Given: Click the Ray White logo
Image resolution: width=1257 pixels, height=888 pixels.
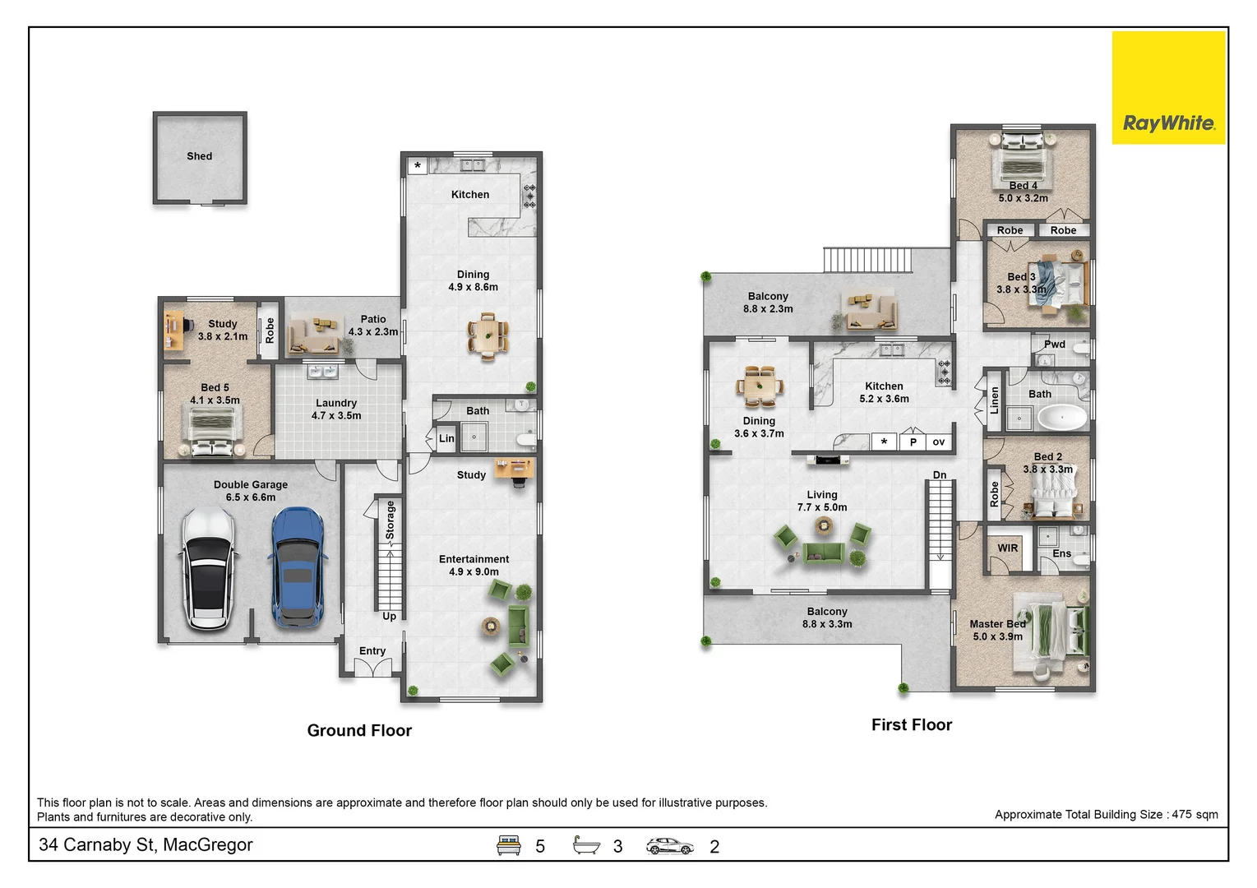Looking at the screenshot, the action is point(1168,87).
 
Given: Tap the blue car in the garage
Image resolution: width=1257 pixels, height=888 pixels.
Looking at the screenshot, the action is point(298,567).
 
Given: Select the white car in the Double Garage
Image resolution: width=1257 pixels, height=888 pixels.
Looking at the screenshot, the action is point(208,569).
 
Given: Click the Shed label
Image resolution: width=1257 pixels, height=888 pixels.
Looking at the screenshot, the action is point(199,156).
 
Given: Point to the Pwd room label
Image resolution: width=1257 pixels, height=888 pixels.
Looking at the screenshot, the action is point(1055,344).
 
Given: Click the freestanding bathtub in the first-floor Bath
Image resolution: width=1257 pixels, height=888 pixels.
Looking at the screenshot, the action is point(1061,419).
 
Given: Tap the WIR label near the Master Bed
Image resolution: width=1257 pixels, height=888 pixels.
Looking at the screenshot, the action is point(1007,548).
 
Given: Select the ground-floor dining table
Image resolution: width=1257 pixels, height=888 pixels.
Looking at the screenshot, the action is point(488,336).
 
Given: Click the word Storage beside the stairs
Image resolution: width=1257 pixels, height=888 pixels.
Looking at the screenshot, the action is point(390,520).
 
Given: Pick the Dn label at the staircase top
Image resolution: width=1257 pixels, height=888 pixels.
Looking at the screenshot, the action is point(940,475).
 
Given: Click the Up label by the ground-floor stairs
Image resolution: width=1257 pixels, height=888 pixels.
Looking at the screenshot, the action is point(389,616).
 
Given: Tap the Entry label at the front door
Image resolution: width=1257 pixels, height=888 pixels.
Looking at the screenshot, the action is point(372,650).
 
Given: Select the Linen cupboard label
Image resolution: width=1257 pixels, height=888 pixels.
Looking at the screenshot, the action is point(994,400).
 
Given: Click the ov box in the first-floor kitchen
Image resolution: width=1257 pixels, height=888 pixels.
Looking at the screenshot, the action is point(938,442).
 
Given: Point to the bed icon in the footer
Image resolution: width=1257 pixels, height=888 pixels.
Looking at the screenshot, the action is point(508,844).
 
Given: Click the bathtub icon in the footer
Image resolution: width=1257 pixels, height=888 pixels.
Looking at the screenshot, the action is point(586,844).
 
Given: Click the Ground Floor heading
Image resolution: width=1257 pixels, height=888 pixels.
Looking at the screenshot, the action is point(359,729).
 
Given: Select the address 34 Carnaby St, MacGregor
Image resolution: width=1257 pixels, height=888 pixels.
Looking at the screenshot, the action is point(146,844).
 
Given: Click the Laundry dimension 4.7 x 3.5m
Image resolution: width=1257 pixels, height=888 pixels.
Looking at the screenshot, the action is point(336,415).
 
